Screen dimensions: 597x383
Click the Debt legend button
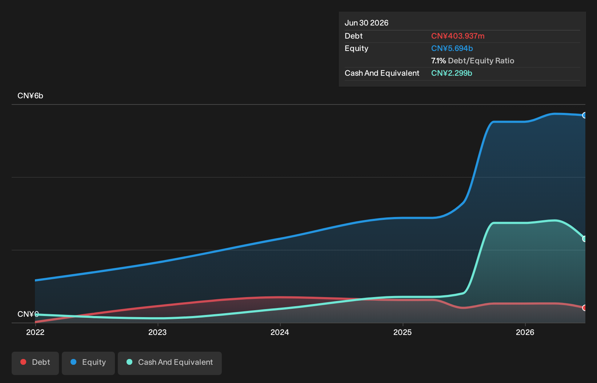click(x=35, y=363)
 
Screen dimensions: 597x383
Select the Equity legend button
click(x=88, y=363)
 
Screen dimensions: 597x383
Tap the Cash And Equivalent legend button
click(x=170, y=363)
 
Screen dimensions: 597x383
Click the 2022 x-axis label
click(x=35, y=332)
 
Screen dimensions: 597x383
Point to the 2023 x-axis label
click(x=157, y=332)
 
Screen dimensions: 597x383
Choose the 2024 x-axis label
click(x=280, y=332)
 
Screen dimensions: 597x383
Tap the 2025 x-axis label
click(x=402, y=332)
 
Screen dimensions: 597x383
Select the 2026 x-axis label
click(x=525, y=332)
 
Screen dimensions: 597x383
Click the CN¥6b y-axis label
click(x=31, y=96)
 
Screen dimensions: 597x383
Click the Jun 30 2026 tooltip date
click(x=366, y=23)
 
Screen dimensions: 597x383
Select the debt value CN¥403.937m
click(x=458, y=36)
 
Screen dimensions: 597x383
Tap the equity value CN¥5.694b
click(x=452, y=48)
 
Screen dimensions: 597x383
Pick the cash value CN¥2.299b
click(x=452, y=73)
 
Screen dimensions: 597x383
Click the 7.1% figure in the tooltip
click(x=438, y=61)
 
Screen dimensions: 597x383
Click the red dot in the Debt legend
click(x=24, y=362)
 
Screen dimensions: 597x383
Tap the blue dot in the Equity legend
click(x=73, y=362)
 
